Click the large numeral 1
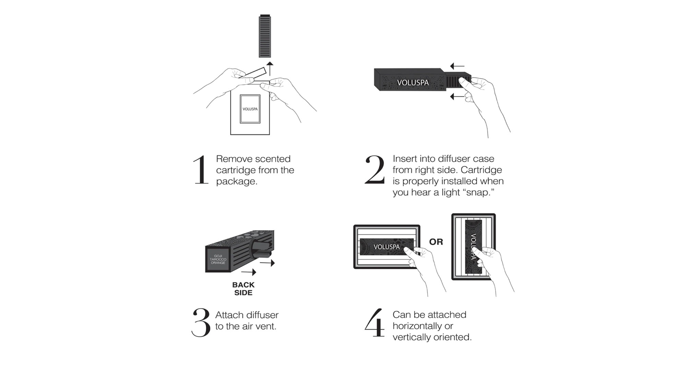coord(201,170)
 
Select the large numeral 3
coord(201,322)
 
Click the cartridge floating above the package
coord(265,36)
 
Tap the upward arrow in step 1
coord(270,69)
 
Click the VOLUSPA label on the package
coord(250,109)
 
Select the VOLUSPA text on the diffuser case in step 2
coord(413,83)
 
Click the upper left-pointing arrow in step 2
coord(457,66)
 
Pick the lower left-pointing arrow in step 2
coord(457,97)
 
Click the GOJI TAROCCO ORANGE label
coord(218,259)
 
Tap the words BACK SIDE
coord(243,289)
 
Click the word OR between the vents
coord(436,242)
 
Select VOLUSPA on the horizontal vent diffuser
coord(387,247)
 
